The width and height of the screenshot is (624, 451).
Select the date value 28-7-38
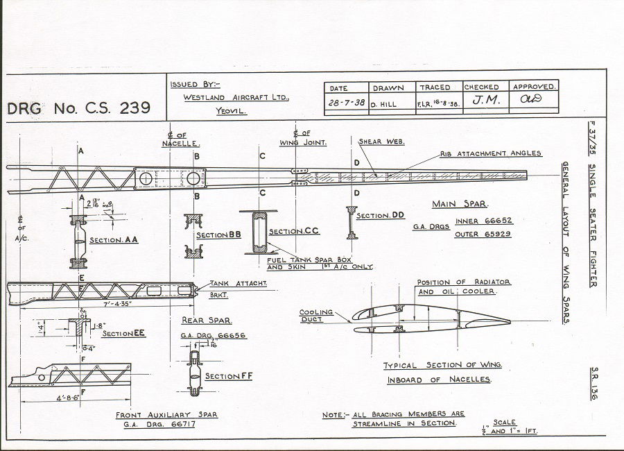(x=346, y=102)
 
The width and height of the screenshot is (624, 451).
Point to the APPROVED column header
(x=533, y=87)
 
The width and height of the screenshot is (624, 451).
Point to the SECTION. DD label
(x=380, y=216)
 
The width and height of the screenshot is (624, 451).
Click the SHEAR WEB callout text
(x=381, y=142)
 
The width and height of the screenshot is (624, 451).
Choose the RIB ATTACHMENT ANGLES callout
(x=491, y=153)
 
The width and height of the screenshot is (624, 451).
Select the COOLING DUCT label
(x=316, y=316)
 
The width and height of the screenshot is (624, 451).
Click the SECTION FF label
(x=223, y=376)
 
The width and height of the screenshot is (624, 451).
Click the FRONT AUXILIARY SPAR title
(x=166, y=414)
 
